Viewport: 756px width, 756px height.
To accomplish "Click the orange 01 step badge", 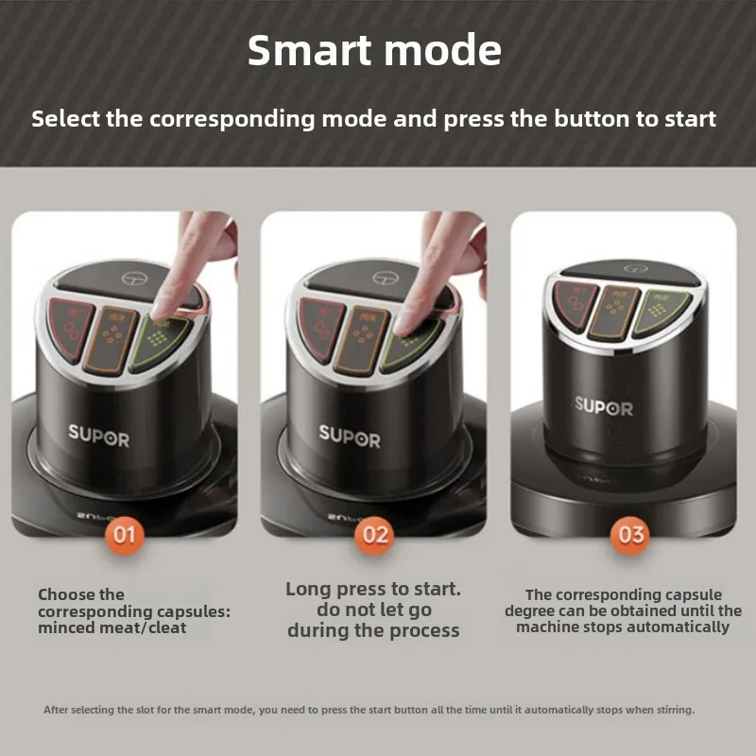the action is (125, 535).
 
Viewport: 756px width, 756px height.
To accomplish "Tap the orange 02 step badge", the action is (374, 535).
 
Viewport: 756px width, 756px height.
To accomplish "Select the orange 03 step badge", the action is (629, 535).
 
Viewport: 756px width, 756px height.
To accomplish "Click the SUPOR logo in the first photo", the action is (99, 436).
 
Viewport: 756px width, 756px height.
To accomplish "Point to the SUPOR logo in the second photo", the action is (350, 437).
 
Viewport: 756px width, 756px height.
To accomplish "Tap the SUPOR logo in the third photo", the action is (604, 406).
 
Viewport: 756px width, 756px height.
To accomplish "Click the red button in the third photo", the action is (575, 305).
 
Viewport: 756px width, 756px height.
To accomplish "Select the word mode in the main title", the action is (443, 50).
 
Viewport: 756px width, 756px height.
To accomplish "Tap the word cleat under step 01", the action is (168, 627).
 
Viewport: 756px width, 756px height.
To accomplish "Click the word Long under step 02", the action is (309, 590).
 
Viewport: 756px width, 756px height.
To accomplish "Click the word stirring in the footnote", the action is (675, 710).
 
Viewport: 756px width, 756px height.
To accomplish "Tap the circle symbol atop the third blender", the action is (635, 268).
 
